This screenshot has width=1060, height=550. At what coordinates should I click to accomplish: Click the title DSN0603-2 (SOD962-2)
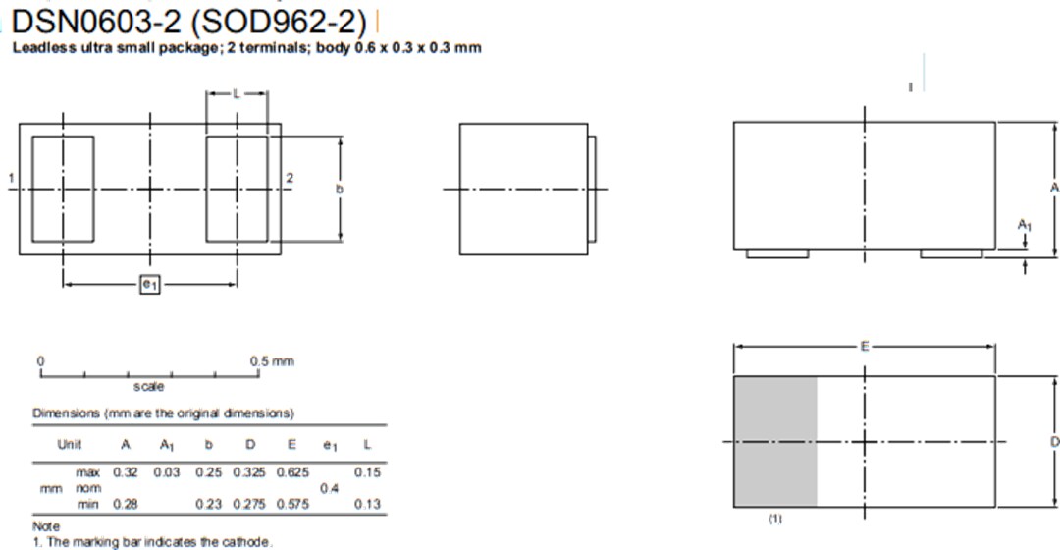[189, 23]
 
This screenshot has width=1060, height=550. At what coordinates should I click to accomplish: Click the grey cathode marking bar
[775, 441]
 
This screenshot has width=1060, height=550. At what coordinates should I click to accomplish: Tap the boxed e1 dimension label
[149, 285]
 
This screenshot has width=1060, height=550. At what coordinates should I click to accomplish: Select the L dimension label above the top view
[237, 93]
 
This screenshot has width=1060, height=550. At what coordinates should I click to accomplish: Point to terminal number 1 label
[10, 178]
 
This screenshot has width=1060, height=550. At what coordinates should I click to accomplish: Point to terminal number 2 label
[290, 178]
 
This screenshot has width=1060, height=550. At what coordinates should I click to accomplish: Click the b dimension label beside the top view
[341, 189]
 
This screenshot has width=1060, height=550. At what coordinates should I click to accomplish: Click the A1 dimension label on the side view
[1024, 226]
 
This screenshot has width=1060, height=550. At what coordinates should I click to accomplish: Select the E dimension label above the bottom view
[864, 346]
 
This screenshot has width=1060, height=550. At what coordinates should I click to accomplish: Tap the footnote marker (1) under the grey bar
[775, 518]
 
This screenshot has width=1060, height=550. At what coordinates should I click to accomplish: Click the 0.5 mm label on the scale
[272, 361]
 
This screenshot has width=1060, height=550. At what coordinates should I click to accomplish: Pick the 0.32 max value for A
[126, 472]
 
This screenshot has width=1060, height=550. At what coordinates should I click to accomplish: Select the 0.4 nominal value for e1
[330, 488]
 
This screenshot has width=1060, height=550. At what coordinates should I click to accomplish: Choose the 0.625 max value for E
[292, 472]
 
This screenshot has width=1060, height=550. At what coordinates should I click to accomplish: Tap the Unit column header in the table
[69, 444]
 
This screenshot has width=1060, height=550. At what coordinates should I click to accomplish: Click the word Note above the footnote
[46, 526]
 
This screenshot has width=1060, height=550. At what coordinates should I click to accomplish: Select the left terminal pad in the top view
[63, 189]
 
